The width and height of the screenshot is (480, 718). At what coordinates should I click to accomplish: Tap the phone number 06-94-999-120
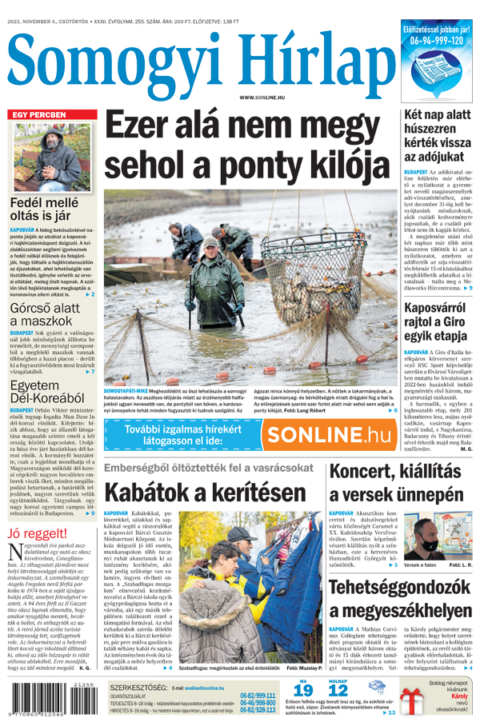(437, 40)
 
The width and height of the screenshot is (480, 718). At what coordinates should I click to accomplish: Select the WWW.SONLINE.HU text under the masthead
(262, 98)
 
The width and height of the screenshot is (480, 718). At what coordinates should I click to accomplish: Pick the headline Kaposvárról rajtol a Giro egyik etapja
(436, 321)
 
